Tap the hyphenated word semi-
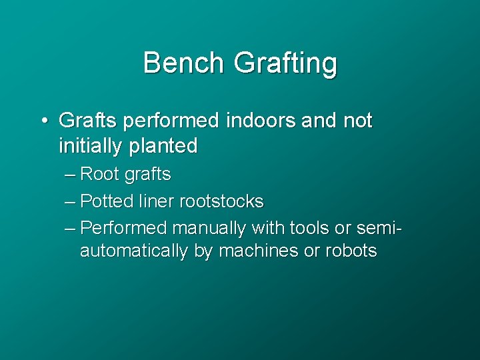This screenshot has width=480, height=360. (377, 227)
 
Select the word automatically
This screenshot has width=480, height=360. (136, 251)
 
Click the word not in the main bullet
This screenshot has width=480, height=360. (357, 121)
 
